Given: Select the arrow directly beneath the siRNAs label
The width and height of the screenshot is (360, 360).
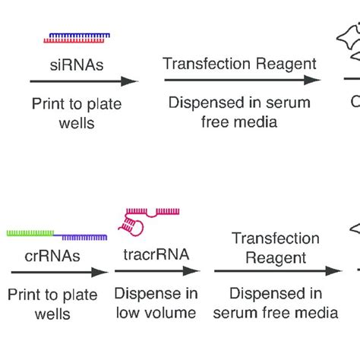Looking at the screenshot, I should [x=84, y=81].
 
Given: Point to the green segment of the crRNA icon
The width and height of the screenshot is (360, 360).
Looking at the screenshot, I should [x=30, y=233].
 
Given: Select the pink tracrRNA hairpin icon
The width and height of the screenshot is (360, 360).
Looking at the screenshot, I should [x=144, y=223].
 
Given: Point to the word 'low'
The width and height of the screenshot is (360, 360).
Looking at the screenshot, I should [x=130, y=313].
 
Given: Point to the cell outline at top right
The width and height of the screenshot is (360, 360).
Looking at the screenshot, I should [x=349, y=42].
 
